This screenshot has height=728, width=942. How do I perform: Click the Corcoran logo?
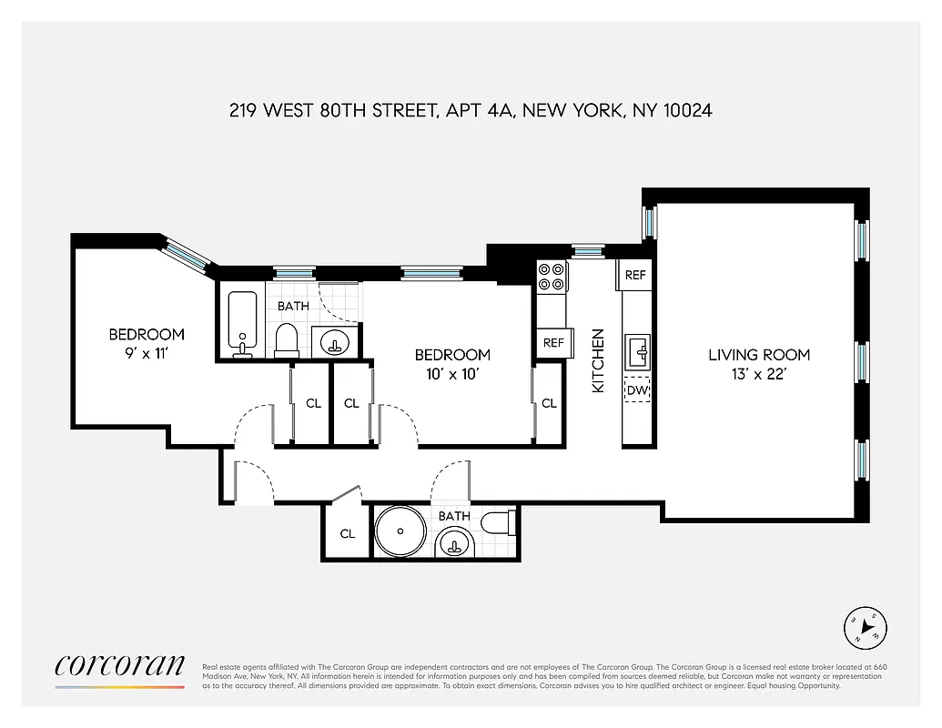point(119,665)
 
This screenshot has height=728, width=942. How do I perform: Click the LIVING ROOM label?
point(759,355)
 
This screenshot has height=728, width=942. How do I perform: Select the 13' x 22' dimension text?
point(759,373)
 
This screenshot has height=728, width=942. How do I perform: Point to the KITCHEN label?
point(598,360)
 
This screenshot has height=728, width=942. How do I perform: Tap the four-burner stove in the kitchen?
point(552,277)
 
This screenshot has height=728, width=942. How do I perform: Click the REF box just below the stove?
point(553,343)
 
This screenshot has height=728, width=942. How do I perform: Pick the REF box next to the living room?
point(635,275)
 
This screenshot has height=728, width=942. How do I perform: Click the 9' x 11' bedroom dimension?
point(147,353)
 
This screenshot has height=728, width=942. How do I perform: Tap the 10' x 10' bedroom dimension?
point(452,373)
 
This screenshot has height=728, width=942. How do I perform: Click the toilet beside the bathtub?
point(287,339)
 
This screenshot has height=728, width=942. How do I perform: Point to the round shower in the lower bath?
point(401,532)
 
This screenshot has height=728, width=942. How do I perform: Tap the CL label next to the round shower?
point(348,534)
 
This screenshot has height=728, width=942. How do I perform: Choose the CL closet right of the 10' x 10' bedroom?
point(549,403)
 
